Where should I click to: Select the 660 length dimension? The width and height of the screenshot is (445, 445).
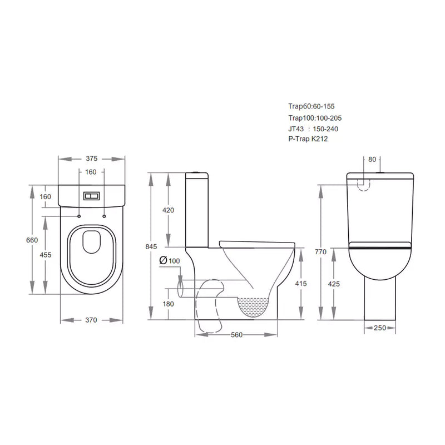tap(33, 240)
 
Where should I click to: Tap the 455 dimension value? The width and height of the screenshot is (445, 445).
tap(46, 255)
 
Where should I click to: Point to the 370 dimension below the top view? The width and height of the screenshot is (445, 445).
tap(91, 320)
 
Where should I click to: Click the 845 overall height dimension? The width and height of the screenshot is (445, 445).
tap(151, 246)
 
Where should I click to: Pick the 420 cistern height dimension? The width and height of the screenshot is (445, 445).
tap(169, 210)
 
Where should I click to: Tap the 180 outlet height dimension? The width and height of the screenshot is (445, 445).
tap(169, 304)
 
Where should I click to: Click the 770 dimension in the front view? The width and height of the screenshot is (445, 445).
tap(321, 251)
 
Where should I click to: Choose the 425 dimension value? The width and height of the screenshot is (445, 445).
tap(335, 284)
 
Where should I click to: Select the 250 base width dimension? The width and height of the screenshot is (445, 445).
tap(380, 328)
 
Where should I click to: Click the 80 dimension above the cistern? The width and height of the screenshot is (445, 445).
tap(372, 159)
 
